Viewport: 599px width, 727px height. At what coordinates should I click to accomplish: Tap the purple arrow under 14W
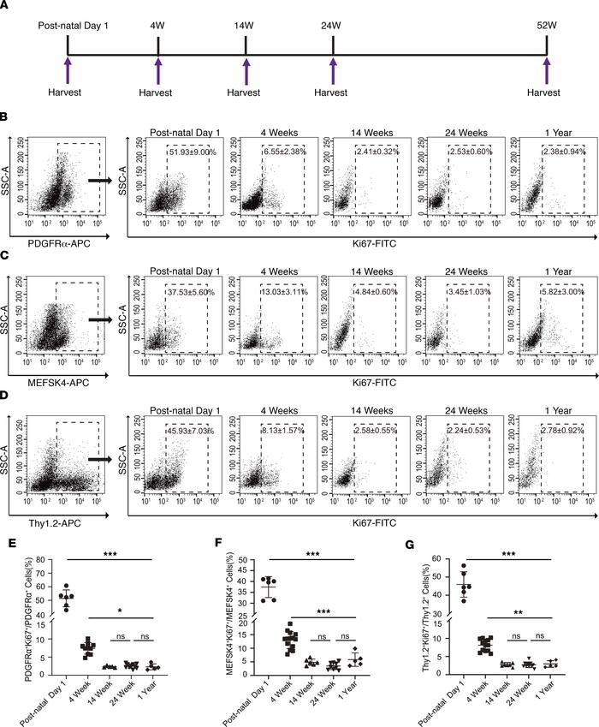coord(246,71)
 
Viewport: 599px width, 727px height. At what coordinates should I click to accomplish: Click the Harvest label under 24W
coord(333,95)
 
